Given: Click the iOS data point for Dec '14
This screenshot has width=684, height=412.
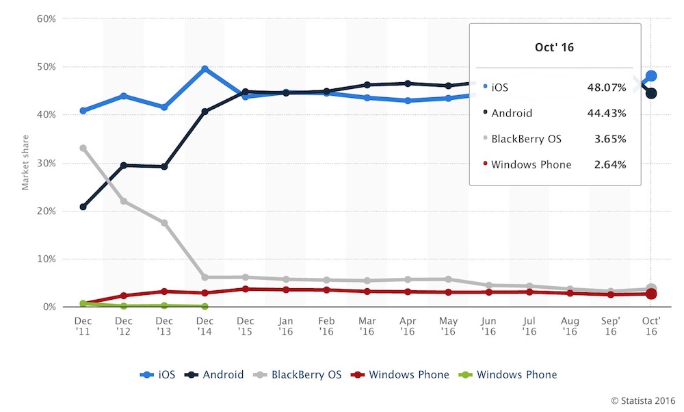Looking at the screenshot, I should point(205,69).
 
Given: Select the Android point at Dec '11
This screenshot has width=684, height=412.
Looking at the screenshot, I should point(83,207).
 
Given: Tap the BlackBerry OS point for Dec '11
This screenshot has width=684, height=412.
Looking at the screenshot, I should point(83,148).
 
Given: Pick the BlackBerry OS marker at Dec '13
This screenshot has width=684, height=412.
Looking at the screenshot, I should point(164,222).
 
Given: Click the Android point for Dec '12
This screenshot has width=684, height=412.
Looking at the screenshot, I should point(124,165).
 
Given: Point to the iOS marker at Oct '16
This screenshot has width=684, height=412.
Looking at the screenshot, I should point(651,76).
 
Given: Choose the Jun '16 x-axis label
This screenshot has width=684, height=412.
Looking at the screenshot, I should point(488,325).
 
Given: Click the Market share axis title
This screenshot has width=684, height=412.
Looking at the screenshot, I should point(25,163).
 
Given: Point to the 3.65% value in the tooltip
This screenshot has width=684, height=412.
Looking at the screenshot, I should point(611,139).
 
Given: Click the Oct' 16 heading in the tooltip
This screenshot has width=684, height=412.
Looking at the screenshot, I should point(555,47).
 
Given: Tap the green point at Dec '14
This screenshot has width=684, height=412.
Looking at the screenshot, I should point(205,307).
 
